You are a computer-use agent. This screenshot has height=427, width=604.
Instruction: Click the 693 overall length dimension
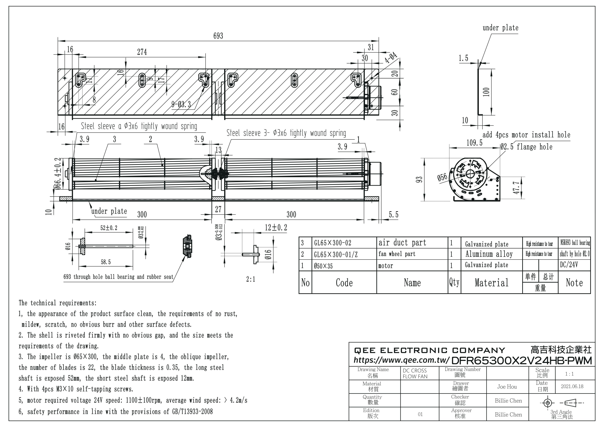pos(218,36)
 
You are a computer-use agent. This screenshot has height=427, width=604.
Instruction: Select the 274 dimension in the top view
pos(142,52)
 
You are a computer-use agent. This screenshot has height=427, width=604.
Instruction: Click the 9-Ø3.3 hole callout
pos(181,105)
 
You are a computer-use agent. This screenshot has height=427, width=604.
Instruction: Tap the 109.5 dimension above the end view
pos(474,143)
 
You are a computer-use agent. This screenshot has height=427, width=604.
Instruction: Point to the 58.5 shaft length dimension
pos(106,262)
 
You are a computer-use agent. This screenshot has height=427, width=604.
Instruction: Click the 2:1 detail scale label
pos(251,279)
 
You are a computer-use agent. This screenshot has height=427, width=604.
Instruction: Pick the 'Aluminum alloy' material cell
pos(489,254)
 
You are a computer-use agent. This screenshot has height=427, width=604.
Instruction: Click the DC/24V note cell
pos(569,265)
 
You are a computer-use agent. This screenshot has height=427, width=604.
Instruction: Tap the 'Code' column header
pos(344,283)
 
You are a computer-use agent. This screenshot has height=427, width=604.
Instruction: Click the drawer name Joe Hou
pos(507,387)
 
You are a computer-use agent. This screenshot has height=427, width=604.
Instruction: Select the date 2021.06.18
pos(572,386)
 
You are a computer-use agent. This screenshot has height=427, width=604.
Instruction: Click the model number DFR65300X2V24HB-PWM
pos(521,360)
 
